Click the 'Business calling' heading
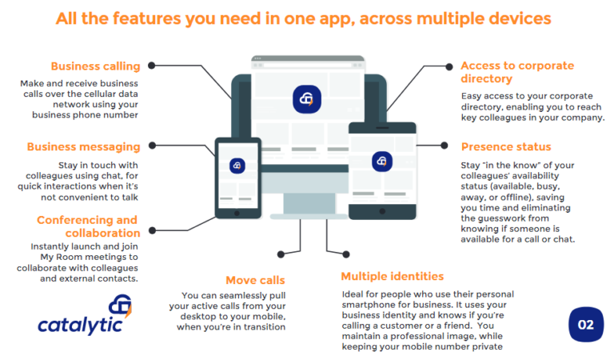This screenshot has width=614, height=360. click(x=95, y=66)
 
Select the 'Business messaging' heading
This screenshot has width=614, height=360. click(x=83, y=146)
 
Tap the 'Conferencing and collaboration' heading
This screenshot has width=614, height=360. click(x=87, y=226)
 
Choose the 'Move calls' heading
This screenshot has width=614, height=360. click(x=255, y=280)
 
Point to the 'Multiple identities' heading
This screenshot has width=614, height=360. click(x=392, y=276)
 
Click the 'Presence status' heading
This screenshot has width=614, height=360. click(x=505, y=146)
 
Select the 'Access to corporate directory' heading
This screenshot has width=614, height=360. click(x=517, y=73)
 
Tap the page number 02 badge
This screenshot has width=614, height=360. click(x=585, y=324)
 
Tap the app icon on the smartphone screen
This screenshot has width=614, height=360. click(x=237, y=166)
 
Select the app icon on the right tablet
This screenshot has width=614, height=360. click(x=382, y=161)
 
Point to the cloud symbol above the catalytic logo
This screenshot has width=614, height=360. click(x=121, y=305)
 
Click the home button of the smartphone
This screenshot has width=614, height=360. click(x=237, y=213)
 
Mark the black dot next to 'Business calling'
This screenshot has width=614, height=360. click(x=152, y=66)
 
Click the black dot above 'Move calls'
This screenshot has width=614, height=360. click(x=280, y=254)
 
